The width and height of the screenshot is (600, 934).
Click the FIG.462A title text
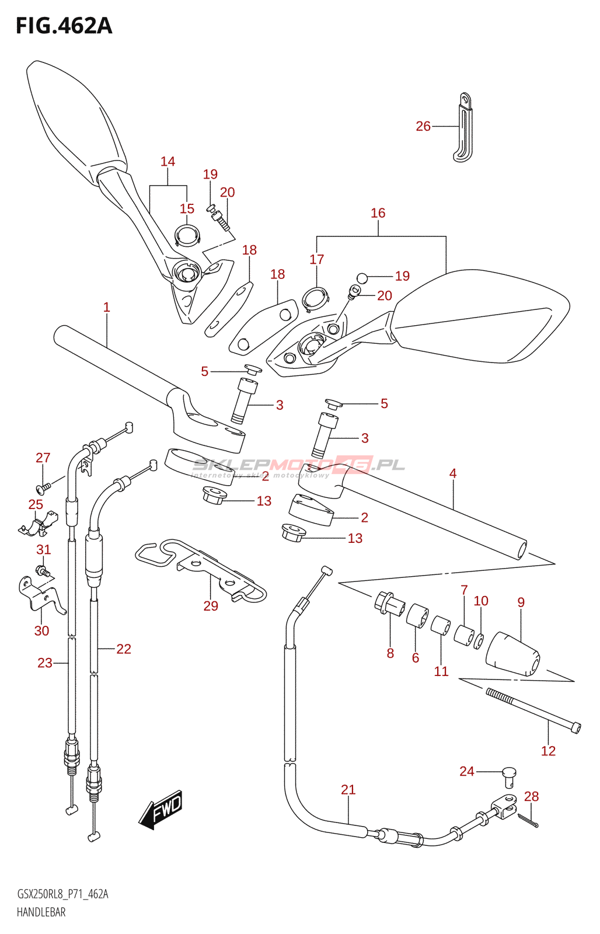point(64,26)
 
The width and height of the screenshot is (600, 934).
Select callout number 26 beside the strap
point(423,126)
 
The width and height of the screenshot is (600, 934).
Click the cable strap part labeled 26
point(462,127)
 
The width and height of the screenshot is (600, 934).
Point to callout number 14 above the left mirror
point(168,161)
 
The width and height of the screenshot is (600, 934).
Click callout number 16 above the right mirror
point(378,213)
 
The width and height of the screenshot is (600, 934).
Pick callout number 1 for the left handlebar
point(107,307)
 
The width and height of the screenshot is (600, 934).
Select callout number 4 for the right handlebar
point(453,473)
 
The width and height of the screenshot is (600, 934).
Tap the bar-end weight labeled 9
point(512,654)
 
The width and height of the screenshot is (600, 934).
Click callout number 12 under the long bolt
point(548,751)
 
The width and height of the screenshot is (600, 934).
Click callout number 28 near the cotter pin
point(531,796)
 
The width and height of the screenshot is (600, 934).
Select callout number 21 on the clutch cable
point(348,789)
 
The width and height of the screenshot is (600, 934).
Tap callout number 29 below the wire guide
point(211,605)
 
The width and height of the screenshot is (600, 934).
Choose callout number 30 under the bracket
point(41,630)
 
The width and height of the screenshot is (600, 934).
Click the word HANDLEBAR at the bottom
point(41,921)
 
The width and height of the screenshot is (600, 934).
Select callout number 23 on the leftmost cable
point(45,663)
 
